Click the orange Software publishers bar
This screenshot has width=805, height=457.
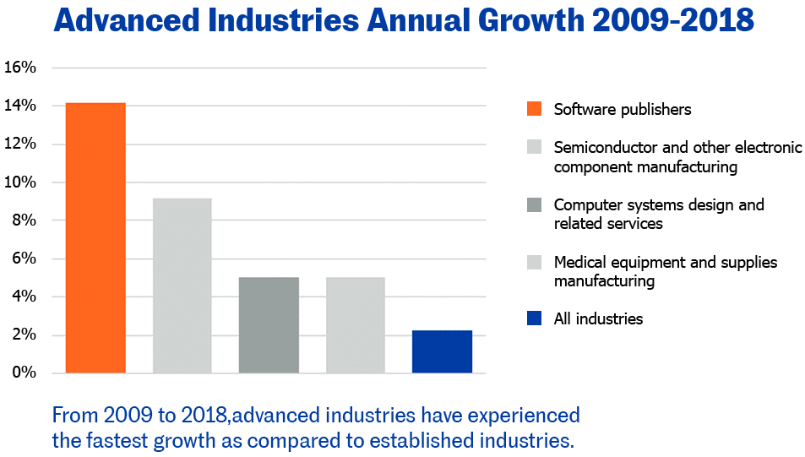(95, 237)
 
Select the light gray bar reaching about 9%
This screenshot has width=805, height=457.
(182, 286)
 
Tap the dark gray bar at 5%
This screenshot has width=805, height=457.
(269, 324)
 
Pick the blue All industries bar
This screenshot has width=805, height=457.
(442, 351)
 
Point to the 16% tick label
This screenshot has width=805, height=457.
(20, 68)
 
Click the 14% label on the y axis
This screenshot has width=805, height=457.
(20, 106)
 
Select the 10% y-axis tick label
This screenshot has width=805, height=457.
(20, 182)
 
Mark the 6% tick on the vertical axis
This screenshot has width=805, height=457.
(24, 258)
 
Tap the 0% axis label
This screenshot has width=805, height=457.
(24, 373)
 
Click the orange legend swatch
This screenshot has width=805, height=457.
(534, 109)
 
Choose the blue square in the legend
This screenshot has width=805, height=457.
(534, 318)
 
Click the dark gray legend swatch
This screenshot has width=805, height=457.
(534, 205)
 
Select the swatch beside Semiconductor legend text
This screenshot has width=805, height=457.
(534, 148)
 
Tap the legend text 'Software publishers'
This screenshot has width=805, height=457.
(623, 109)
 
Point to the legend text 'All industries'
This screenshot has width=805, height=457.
(598, 318)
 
